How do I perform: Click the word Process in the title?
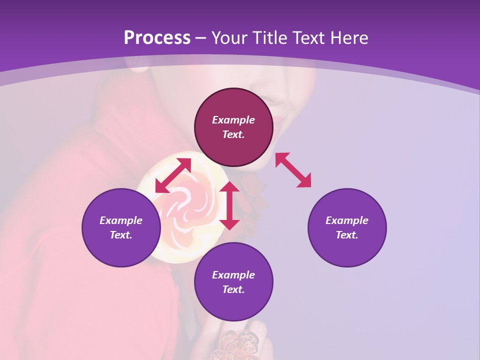click(157, 38)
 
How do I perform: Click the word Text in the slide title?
click(310, 38)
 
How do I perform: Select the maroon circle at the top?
click(233, 127)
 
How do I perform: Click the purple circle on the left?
click(121, 227)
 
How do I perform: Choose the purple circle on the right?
click(347, 227)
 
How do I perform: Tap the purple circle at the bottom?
click(233, 281)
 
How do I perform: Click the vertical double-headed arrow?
click(229, 205)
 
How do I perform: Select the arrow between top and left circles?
click(173, 175)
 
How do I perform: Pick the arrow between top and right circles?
click(293, 170)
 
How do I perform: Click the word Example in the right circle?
click(347, 220)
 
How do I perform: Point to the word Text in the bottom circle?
click(233, 289)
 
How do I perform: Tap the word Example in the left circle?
click(121, 220)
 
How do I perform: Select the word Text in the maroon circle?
click(233, 134)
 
